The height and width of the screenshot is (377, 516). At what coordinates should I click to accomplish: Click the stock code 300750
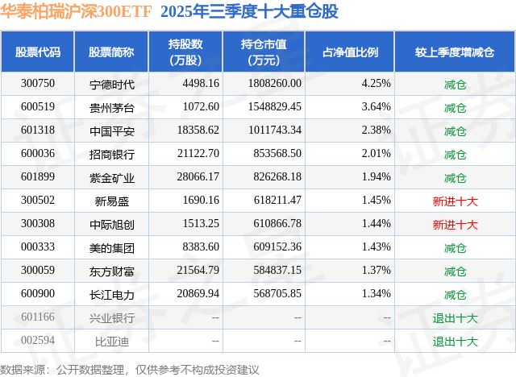click(38, 83)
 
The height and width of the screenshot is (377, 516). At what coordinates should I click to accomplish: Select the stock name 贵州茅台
click(111, 106)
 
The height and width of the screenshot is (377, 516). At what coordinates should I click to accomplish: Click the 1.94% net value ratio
click(377, 177)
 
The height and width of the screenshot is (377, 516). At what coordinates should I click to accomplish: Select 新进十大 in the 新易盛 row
click(455, 201)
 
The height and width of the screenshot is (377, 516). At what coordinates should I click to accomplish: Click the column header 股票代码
click(38, 52)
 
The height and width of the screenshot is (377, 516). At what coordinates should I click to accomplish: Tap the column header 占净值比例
click(351, 52)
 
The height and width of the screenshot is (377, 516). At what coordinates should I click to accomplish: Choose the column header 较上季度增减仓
click(455, 52)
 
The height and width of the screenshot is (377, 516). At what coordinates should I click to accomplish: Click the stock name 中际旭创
click(111, 224)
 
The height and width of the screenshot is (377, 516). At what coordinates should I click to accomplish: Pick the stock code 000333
click(38, 247)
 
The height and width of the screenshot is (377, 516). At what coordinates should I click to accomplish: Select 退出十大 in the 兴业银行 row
click(455, 318)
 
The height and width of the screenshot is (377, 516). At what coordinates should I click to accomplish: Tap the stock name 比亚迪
click(111, 342)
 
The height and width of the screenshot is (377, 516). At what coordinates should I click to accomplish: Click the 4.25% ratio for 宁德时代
click(377, 83)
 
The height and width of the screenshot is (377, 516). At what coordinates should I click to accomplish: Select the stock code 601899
click(38, 177)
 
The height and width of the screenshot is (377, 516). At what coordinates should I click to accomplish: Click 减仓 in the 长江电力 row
click(455, 295)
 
